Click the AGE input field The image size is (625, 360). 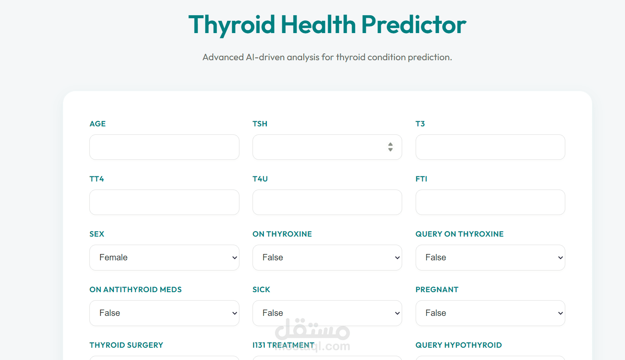[164, 147]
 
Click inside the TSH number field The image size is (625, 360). [318, 147]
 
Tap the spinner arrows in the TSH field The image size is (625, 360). [390, 147]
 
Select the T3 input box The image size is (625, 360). [490, 147]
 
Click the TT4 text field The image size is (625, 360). [164, 202]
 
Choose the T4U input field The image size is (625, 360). [327, 202]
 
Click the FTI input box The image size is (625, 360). [490, 202]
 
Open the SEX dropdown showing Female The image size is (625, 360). [164, 257]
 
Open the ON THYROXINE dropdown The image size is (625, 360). [327, 257]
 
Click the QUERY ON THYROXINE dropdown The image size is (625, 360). [490, 257]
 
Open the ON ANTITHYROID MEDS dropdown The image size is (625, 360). [164, 313]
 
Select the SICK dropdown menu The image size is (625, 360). [327, 313]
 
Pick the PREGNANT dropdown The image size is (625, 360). [490, 313]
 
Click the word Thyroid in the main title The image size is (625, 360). [232, 25]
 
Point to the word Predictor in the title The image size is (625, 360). [414, 25]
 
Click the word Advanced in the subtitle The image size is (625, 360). [223, 57]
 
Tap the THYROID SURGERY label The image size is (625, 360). [126, 345]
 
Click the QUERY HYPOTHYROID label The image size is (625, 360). [458, 345]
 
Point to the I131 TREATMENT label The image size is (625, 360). [283, 345]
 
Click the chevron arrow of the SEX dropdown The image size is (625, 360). [235, 258]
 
